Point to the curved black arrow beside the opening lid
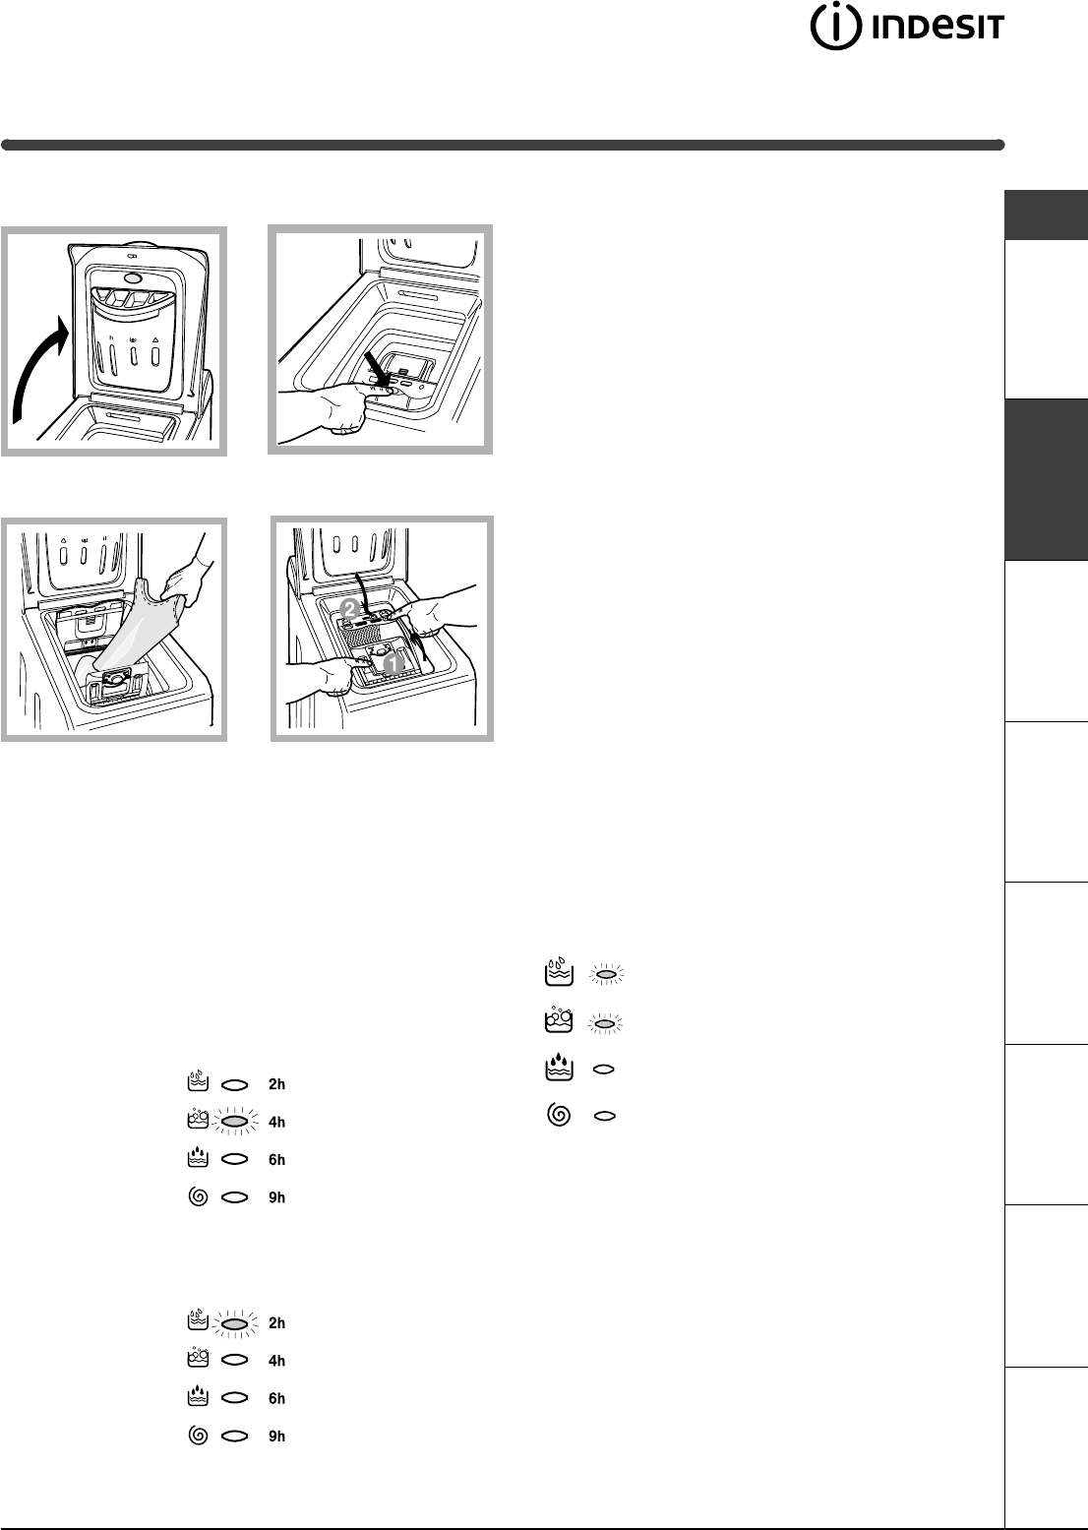pyautogui.click(x=38, y=369)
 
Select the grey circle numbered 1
pyautogui.click(x=393, y=662)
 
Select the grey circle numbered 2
pyautogui.click(x=349, y=609)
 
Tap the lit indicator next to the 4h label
pyautogui.click(x=235, y=1122)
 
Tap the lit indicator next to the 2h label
pyautogui.click(x=235, y=1324)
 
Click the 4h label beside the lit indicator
pyautogui.click(x=276, y=1123)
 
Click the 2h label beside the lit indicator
pyautogui.click(x=276, y=1323)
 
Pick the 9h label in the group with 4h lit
pyautogui.click(x=276, y=1197)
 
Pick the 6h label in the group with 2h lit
pyautogui.click(x=276, y=1398)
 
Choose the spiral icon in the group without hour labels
pyautogui.click(x=559, y=1116)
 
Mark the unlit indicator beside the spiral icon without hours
pyautogui.click(x=605, y=1116)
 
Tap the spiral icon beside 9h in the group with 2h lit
pyautogui.click(x=198, y=1436)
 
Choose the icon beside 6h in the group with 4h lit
pyautogui.click(x=198, y=1158)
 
